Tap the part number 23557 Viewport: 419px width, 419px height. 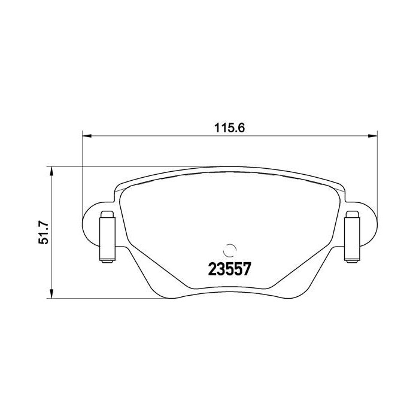click(228, 269)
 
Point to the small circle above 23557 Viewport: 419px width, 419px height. click(229, 250)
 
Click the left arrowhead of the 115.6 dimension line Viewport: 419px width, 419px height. click(85, 136)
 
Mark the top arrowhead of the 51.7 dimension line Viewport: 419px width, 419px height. click(52, 170)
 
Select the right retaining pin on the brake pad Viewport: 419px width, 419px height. click(351, 237)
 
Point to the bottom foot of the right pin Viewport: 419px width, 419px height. click(351, 259)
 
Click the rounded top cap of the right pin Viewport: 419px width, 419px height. click(351, 215)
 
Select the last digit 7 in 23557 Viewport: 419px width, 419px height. click(245, 269)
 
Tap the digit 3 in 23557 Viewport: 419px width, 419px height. click(220, 269)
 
